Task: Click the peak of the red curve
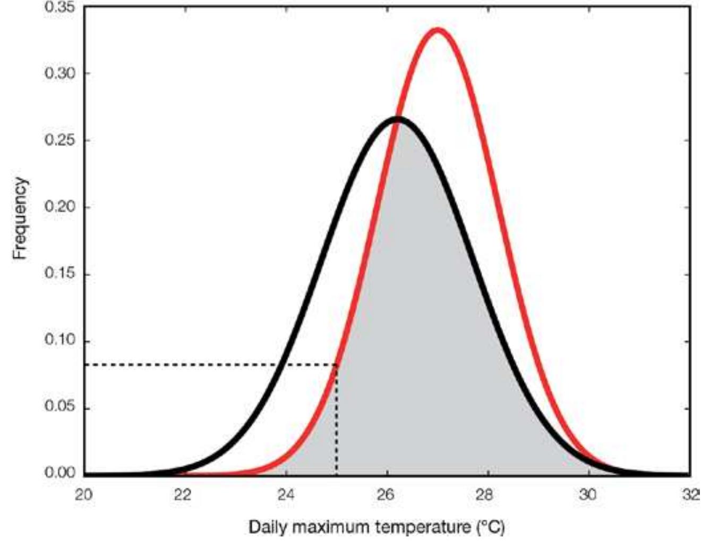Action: tap(438, 30)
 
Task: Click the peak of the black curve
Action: tap(398, 119)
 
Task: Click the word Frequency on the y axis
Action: tap(20, 219)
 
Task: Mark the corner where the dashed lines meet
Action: tap(337, 365)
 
